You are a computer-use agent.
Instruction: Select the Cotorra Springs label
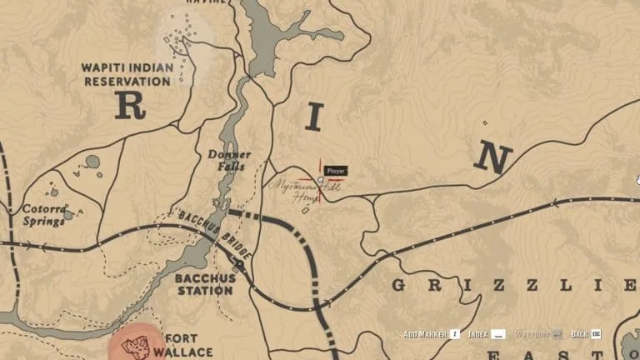tap(44, 215)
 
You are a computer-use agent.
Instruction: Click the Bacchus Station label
tap(204, 284)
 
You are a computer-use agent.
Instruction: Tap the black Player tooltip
tap(336, 171)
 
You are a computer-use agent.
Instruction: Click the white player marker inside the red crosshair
tap(321, 178)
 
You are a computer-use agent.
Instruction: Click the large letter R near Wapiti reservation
tap(130, 106)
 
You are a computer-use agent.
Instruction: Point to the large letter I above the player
tap(313, 117)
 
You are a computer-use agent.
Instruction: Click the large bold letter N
tap(493, 157)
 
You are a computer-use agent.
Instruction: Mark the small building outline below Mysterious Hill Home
tap(305, 210)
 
